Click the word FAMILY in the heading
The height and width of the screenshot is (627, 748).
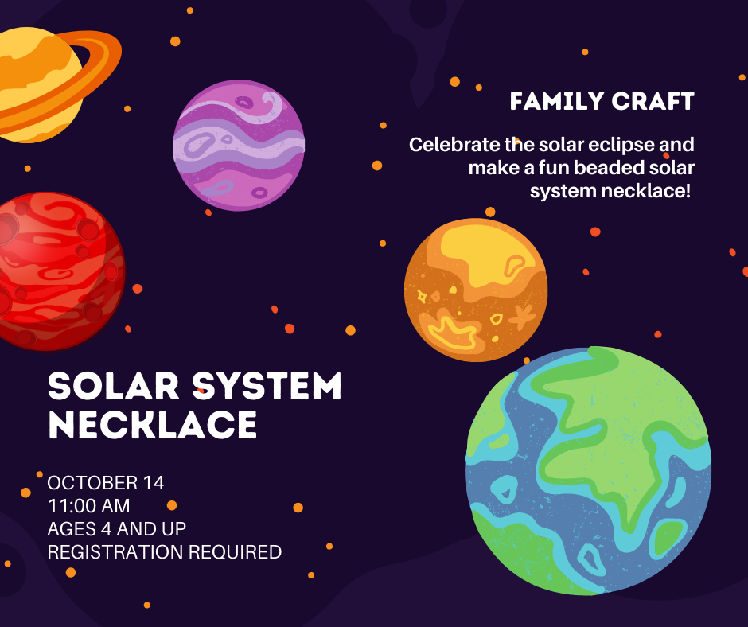[557, 102]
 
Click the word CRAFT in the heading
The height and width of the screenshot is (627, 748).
[653, 102]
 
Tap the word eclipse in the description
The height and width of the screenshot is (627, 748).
[621, 145]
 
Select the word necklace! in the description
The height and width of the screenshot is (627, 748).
[645, 191]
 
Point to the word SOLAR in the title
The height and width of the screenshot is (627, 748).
[114, 386]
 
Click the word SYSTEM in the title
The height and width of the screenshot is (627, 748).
[267, 386]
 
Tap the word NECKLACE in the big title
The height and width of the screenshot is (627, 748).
[153, 424]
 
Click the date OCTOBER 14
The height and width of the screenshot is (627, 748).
[105, 483]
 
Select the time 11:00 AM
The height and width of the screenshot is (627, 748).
[89, 506]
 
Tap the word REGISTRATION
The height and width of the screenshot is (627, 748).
[115, 552]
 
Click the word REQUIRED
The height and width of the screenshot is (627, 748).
[236, 552]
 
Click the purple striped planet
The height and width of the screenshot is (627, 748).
[239, 145]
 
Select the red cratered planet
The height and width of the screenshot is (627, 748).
[60, 271]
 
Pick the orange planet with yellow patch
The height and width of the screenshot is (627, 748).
[476, 290]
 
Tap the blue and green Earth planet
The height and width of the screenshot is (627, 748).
[588, 471]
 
